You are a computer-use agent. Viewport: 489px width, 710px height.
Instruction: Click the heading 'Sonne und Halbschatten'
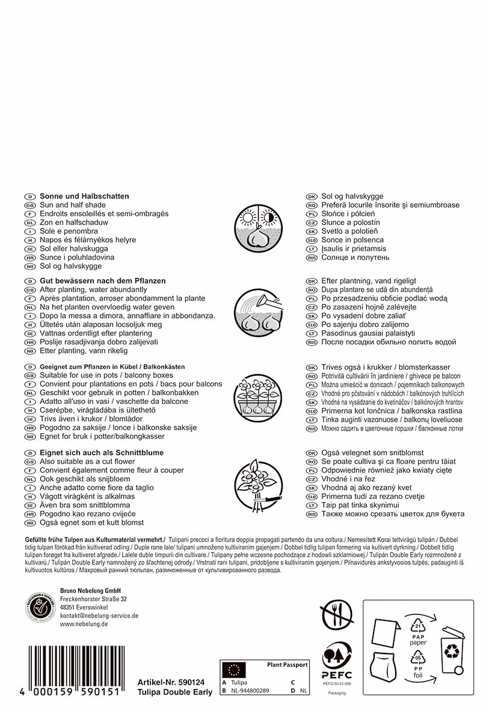tap(84, 197)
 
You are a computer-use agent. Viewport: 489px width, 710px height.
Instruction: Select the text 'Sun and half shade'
tap(72, 205)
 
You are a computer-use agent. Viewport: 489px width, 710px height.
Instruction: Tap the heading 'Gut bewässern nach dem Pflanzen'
tap(102, 281)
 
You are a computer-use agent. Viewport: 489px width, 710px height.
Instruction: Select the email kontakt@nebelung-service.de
tap(99, 616)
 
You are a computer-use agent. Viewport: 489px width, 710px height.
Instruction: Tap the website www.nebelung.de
tap(84, 624)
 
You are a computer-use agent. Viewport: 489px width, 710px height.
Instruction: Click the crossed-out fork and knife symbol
tap(336, 614)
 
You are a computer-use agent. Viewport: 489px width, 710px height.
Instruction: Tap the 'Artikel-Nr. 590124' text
tap(171, 682)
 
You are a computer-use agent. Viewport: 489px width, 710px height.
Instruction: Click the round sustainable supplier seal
tap(40, 608)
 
